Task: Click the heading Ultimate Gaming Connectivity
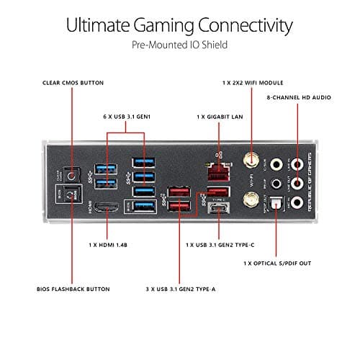(179, 26)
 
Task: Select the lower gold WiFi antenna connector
(252, 204)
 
